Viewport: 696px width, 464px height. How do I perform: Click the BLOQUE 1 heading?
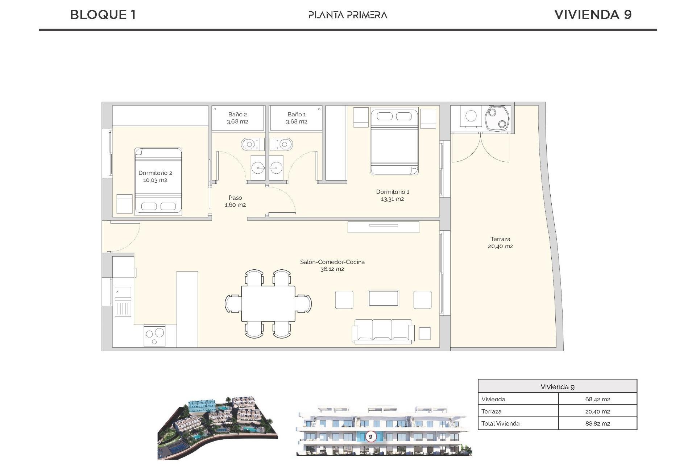103,14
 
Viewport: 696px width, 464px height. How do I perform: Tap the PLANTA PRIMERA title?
348,15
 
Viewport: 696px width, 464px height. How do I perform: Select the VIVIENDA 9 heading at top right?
593,14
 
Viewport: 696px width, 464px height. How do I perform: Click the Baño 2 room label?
237,115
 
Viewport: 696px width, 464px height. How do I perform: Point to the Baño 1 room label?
297,115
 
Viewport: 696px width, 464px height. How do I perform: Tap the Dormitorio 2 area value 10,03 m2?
155,180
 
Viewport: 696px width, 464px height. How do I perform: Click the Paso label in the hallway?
235,198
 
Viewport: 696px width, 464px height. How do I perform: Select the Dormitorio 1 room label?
392,192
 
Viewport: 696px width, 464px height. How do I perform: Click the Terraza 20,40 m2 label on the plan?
500,243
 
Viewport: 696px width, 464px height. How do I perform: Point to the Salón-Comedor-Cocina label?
332,262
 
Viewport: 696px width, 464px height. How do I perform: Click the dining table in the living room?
268,303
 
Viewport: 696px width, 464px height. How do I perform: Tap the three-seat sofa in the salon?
383,331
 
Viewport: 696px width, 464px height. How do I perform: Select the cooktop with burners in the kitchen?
155,336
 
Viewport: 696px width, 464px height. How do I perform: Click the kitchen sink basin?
123,292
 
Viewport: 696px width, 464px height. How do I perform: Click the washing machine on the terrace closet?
471,116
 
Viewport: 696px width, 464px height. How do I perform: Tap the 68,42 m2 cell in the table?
597,399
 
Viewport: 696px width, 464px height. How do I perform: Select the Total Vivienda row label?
500,423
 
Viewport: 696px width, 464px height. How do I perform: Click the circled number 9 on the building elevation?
370,436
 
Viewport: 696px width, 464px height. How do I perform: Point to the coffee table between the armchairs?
383,299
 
